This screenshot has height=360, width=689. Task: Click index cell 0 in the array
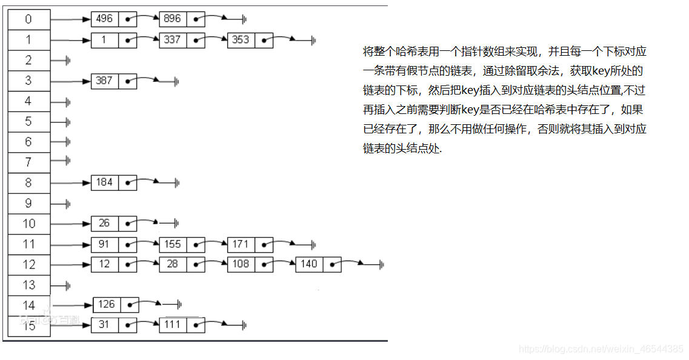pyautogui.click(x=28, y=19)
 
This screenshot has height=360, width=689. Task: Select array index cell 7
pyautogui.click(x=28, y=162)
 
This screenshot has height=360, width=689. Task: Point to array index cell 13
pyautogui.click(x=28, y=285)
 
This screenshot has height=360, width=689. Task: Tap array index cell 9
pyautogui.click(x=28, y=203)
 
